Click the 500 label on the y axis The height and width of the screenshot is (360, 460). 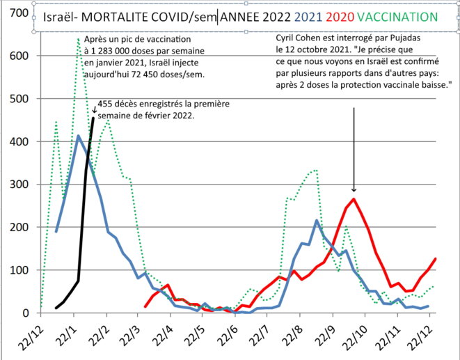pos(19,99)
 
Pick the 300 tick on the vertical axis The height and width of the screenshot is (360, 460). pos(19,185)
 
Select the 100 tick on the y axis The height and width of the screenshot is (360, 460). pos(19,270)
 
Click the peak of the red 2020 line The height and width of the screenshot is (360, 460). pos(354,199)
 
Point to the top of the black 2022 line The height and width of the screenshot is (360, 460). pos(93,118)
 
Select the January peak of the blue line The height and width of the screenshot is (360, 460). pos(78,136)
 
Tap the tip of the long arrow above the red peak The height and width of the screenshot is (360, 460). pos(354,191)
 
